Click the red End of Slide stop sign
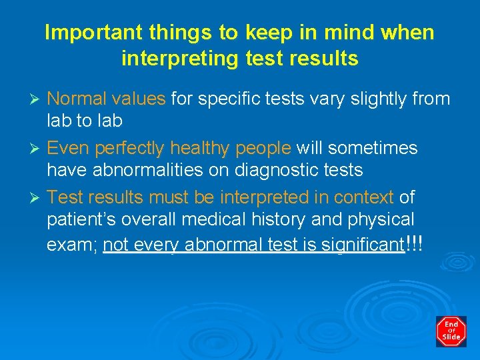pos(451,331)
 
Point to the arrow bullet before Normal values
pos(38,100)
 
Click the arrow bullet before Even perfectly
pos(38,148)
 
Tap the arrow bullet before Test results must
pos(38,197)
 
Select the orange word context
pos(364,197)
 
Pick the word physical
pos(387,220)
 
